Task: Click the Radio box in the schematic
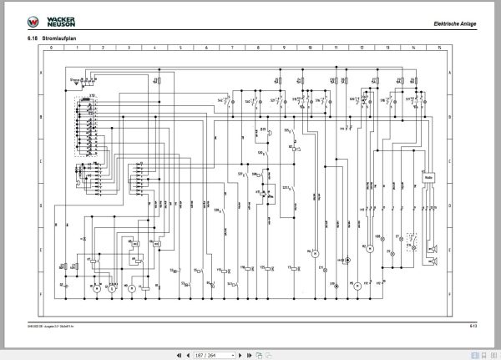tap(429, 177)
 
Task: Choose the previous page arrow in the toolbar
tap(189, 353)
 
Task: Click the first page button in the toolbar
tap(179, 353)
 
